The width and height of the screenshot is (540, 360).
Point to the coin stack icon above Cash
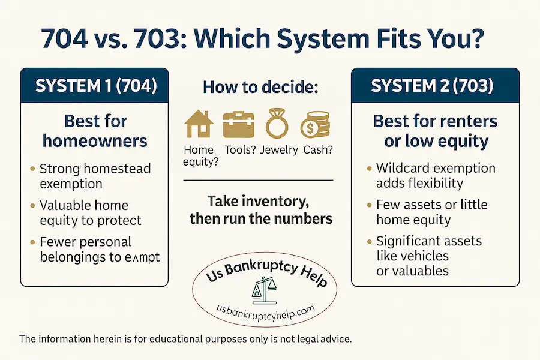tap(315, 124)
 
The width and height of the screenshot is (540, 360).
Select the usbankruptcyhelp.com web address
tap(266, 310)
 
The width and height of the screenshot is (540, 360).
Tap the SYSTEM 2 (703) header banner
tap(432, 86)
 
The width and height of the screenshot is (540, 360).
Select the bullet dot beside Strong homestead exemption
tap(32, 169)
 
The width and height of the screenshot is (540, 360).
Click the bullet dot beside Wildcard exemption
tap(368, 168)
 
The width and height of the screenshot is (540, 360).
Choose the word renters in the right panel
tap(460, 121)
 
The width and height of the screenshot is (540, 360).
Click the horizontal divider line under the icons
tap(258, 180)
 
